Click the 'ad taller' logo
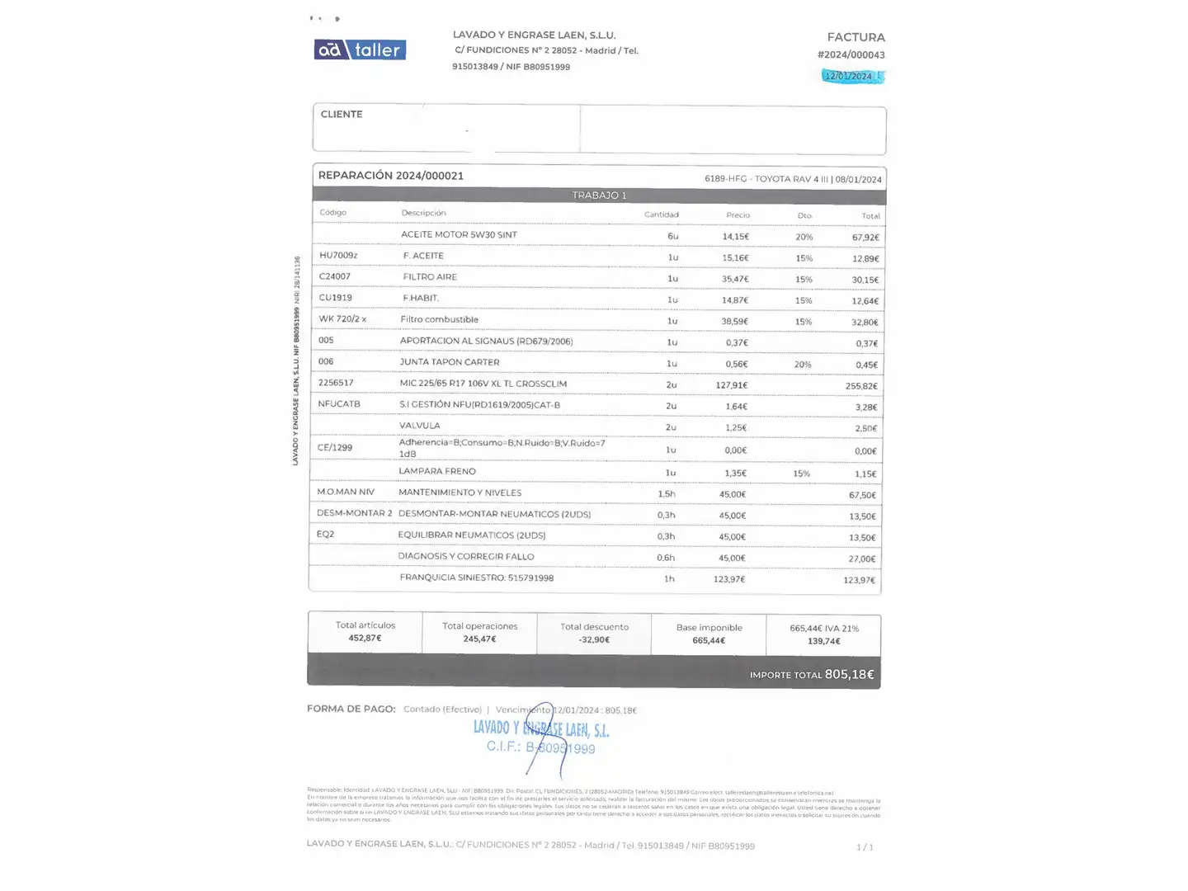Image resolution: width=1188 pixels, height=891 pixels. coord(360,50)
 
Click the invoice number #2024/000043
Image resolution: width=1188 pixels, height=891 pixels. coord(851,55)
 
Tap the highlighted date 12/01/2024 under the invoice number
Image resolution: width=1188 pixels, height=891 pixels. coord(849,76)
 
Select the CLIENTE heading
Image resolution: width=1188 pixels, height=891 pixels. coord(342,115)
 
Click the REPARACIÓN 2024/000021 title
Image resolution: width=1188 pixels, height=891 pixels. coord(390,176)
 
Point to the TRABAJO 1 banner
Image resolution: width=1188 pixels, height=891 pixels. coord(599,196)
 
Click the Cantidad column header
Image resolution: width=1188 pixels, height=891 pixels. coord(661,214)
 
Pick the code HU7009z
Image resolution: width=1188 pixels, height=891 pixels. coord(338,256)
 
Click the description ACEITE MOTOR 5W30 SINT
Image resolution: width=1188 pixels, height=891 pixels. coord(459,235)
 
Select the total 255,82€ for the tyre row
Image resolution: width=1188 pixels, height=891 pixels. coord(861,386)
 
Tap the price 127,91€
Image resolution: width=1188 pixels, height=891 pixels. coord(731,385)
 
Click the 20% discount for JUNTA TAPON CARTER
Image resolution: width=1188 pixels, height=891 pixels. coord(803,365)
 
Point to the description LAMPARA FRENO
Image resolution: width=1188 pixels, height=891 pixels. coord(437,471)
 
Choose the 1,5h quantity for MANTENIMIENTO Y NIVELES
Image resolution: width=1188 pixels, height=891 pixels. coord(667,494)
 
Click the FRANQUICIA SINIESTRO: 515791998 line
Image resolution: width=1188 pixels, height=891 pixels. coord(476,577)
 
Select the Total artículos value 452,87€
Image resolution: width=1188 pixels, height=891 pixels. coord(365,639)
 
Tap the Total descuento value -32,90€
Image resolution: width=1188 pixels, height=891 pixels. coord(594,640)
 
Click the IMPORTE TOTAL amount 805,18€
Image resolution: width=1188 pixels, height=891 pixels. coord(849,675)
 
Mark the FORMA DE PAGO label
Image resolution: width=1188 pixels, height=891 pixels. coord(351,709)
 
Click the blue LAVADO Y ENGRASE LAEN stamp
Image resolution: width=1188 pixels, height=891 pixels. coord(541,729)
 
